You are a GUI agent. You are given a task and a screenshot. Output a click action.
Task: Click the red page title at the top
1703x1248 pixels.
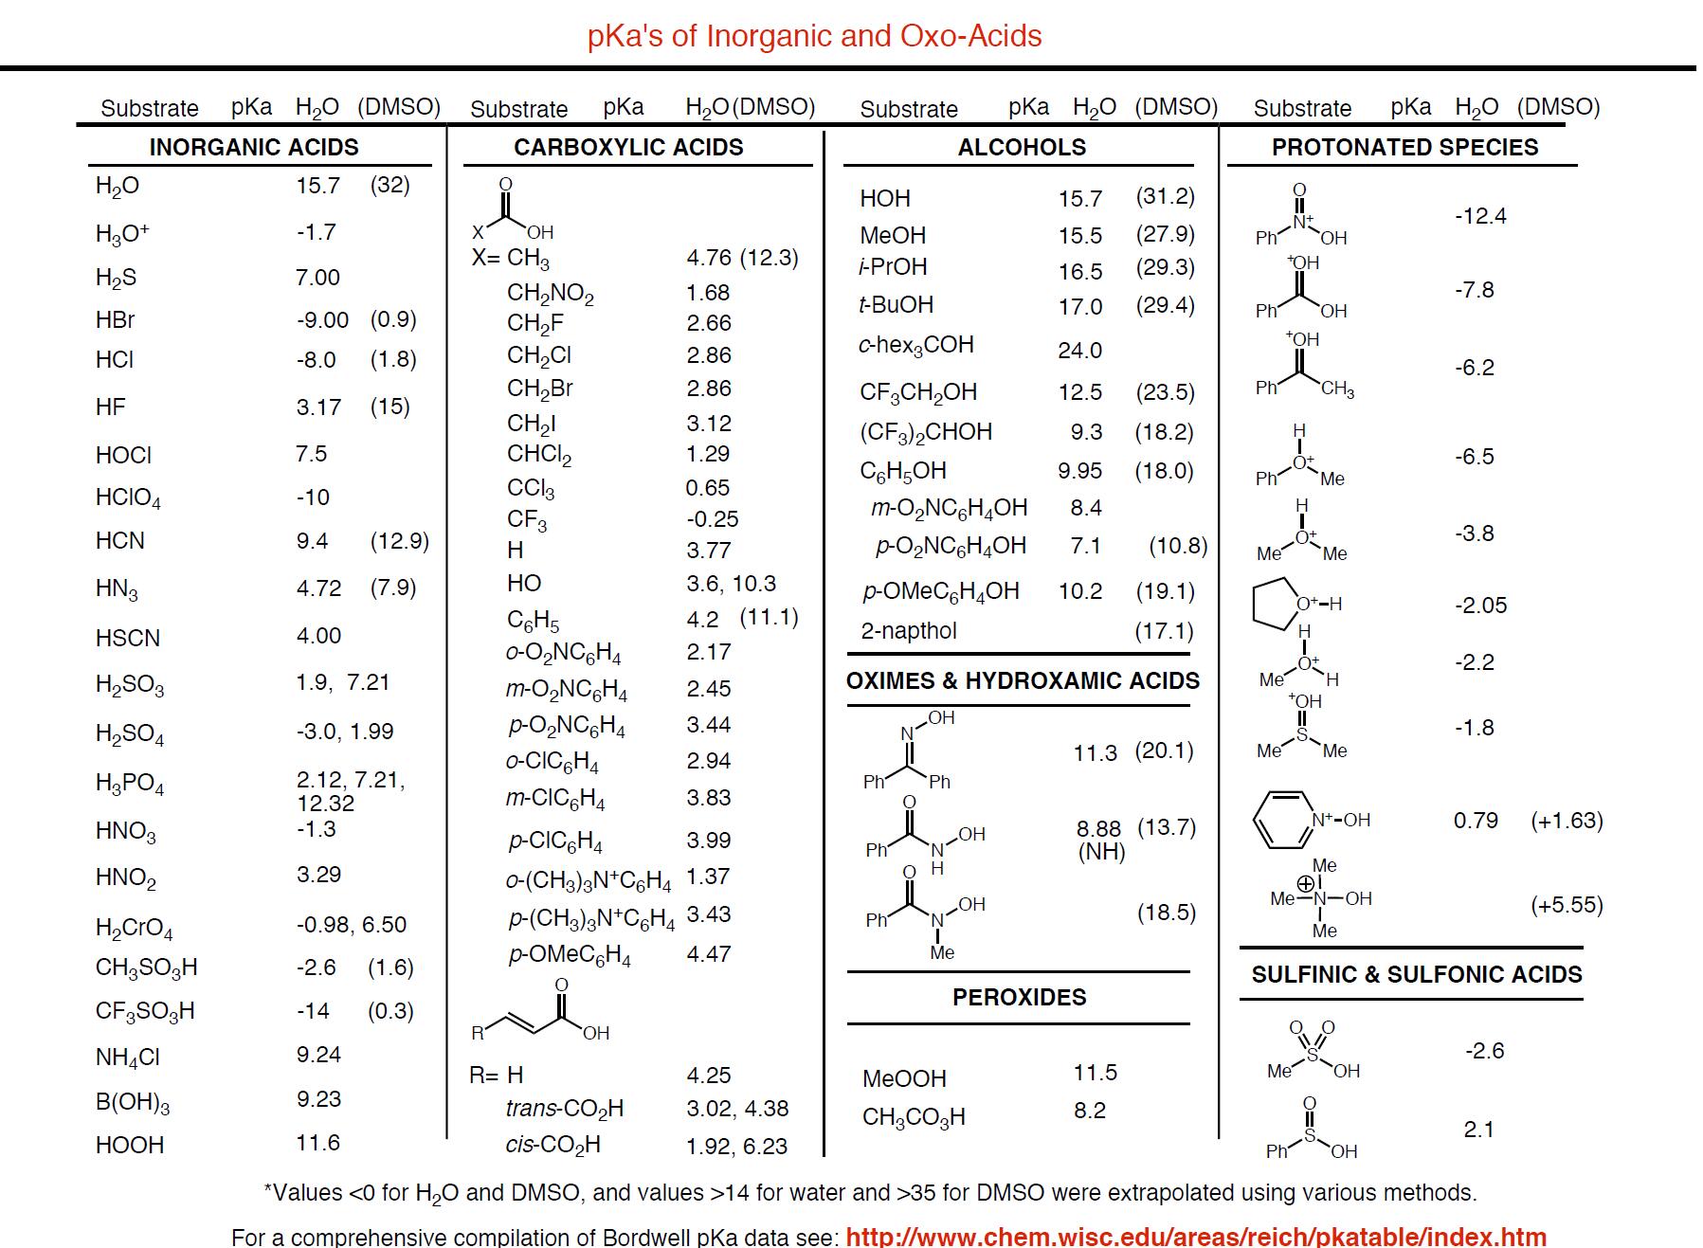pyautogui.click(x=814, y=36)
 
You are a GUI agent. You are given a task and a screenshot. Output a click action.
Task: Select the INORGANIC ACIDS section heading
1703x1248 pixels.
pyautogui.click(x=254, y=148)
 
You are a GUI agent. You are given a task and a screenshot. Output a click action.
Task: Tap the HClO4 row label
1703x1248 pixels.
pyautogui.click(x=128, y=498)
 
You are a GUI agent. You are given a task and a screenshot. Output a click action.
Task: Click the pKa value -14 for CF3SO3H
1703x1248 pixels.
pyautogui.click(x=313, y=1011)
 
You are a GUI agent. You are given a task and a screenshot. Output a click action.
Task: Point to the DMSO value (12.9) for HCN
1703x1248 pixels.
pyautogui.click(x=399, y=541)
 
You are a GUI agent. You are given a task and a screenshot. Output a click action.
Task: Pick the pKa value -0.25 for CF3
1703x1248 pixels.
pyautogui.click(x=712, y=519)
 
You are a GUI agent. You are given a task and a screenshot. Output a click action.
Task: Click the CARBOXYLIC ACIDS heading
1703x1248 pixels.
pyautogui.click(x=628, y=148)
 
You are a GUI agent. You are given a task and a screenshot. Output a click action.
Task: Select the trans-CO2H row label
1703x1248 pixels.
pyautogui.click(x=564, y=1109)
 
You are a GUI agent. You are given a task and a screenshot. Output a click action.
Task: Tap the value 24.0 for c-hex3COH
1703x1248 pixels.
pyautogui.click(x=1079, y=351)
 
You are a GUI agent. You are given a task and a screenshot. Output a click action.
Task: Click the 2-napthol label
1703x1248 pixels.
pyautogui.click(x=908, y=631)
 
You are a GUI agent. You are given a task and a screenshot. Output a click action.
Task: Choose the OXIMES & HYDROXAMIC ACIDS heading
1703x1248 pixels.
pyautogui.click(x=1023, y=681)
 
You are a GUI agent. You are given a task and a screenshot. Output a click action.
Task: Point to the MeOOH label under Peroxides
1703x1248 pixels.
pyautogui.click(x=904, y=1079)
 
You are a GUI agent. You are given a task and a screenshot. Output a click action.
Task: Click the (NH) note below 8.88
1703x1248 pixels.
pyautogui.click(x=1101, y=851)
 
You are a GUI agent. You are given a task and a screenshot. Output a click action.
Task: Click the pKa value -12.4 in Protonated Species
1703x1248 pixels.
pyautogui.click(x=1480, y=216)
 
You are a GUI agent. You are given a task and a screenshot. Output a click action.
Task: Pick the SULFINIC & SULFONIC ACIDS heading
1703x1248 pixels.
pyautogui.click(x=1416, y=975)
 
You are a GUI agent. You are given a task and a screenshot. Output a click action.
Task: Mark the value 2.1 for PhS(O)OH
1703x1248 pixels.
pyautogui.click(x=1478, y=1130)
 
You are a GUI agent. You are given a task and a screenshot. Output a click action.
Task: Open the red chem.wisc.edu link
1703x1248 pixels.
pyautogui.click(x=1195, y=1237)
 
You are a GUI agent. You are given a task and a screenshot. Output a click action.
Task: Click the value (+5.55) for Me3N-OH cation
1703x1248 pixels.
pyautogui.click(x=1567, y=905)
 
